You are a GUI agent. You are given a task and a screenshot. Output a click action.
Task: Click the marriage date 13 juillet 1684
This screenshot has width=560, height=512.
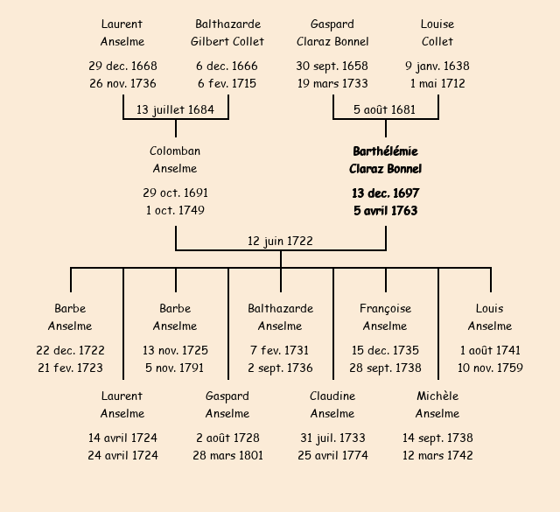175,109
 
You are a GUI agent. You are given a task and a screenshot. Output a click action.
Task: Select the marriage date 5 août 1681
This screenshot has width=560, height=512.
385,109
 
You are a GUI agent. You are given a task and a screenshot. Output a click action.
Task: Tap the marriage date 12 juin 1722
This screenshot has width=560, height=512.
280,241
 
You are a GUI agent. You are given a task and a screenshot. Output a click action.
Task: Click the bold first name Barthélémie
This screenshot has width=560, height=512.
385,151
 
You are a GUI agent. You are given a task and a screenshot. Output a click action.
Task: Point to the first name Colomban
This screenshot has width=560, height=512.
175,151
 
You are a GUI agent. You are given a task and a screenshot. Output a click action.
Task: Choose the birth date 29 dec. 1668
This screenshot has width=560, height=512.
122,67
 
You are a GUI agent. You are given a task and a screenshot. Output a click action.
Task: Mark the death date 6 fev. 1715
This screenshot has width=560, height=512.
227,84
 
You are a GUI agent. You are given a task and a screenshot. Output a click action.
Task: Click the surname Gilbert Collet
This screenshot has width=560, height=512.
227,41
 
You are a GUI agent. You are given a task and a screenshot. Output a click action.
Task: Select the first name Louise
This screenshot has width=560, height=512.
437,25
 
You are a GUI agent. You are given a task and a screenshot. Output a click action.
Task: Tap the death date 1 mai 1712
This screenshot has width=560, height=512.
437,84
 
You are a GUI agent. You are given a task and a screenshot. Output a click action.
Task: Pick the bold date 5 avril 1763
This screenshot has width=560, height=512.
385,211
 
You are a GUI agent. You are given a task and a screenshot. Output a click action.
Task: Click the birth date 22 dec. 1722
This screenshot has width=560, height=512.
70,351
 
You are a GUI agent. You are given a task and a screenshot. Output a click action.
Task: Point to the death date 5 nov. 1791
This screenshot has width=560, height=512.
175,368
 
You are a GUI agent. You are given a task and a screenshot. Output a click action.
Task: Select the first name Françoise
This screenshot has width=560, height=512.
385,309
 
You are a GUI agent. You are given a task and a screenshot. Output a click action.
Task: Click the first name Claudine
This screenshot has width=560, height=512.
332,396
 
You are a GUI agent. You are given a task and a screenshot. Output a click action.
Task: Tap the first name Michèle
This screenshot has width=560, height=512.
437,396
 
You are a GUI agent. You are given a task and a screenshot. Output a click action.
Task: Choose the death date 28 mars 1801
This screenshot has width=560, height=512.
227,456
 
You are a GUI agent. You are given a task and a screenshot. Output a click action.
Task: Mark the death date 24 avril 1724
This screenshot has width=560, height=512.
122,456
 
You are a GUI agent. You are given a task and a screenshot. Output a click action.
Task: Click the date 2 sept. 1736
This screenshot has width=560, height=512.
280,368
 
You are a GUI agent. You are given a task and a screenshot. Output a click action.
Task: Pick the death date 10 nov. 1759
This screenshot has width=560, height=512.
490,368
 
